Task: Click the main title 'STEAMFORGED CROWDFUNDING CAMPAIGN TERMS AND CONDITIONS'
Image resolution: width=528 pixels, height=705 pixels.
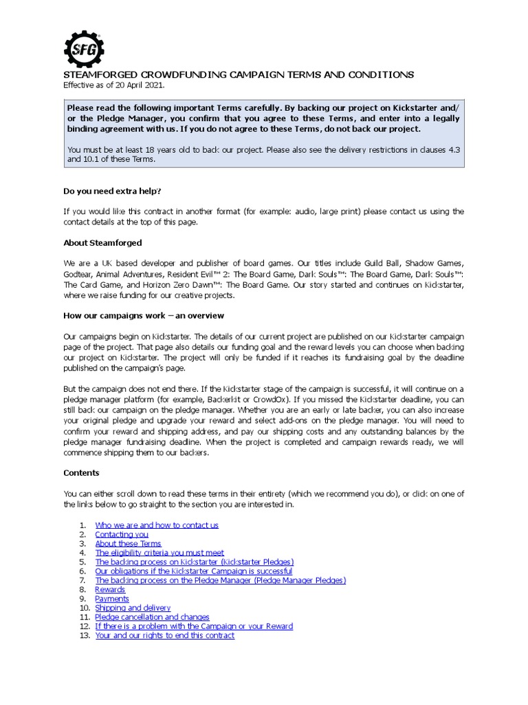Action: pos(239,74)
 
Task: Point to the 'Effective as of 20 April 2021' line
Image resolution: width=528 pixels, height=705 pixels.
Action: pos(114,85)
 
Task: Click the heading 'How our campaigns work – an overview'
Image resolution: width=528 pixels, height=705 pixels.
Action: pos(144,315)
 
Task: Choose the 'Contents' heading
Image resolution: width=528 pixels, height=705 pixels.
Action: pos(81,473)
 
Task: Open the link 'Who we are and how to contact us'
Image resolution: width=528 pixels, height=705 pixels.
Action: pos(157,525)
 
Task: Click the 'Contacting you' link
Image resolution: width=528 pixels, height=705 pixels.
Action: pos(122,534)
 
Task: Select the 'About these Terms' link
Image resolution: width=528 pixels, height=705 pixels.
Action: pos(128,544)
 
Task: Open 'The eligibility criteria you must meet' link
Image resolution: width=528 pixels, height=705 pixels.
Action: pos(159,553)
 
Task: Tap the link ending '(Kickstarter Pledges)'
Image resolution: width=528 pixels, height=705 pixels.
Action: pos(194,562)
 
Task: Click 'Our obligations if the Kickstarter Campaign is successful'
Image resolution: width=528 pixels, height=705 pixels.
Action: pos(193,571)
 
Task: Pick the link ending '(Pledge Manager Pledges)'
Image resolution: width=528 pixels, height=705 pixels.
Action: pos(220,580)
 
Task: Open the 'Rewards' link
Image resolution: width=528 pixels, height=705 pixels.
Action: pos(110,589)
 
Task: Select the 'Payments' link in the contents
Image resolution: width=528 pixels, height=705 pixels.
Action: pos(112,599)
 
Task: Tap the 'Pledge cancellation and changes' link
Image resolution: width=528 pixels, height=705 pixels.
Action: pos(152,618)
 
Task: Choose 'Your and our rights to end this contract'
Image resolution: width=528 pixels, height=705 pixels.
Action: pos(164,635)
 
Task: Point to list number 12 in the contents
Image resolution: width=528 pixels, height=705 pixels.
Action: pos(84,627)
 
